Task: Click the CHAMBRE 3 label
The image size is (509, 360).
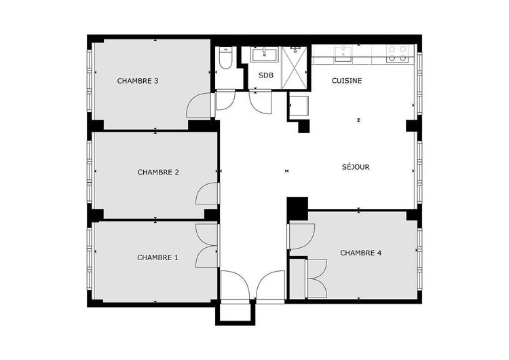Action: point(138,81)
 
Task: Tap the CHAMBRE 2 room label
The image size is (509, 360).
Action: point(158,172)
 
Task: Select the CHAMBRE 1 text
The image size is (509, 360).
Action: point(157,257)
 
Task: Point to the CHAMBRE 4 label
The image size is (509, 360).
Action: point(360,253)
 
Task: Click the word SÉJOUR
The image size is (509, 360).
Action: point(356,166)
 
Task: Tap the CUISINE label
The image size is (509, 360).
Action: point(347,81)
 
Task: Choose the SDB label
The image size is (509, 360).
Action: point(265,75)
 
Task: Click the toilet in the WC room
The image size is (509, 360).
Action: point(226,58)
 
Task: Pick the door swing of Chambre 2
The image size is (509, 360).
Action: point(206,194)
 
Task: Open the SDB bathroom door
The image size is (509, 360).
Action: point(261,103)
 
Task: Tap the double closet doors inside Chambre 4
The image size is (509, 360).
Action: point(316,278)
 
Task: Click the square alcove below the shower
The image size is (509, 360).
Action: point(299,107)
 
